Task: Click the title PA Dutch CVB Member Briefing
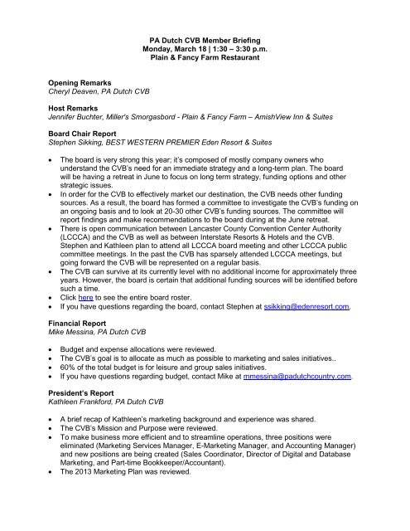204,40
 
